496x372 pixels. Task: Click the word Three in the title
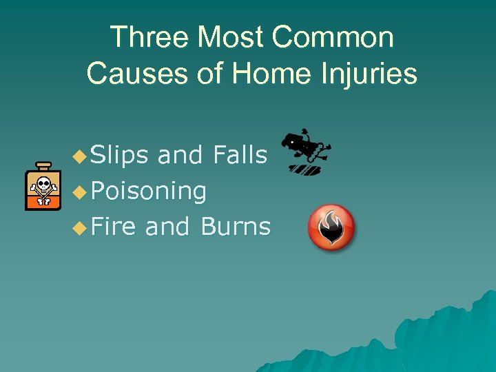click(x=147, y=37)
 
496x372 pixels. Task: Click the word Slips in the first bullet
click(x=119, y=156)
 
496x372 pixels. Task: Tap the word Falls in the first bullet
click(x=240, y=156)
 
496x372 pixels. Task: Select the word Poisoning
click(x=147, y=191)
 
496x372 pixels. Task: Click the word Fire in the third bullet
click(x=113, y=226)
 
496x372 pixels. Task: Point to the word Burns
click(x=236, y=226)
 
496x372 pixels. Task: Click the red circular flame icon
click(x=331, y=228)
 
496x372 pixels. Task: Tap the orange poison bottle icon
click(x=43, y=187)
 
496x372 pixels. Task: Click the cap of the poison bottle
click(x=43, y=166)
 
